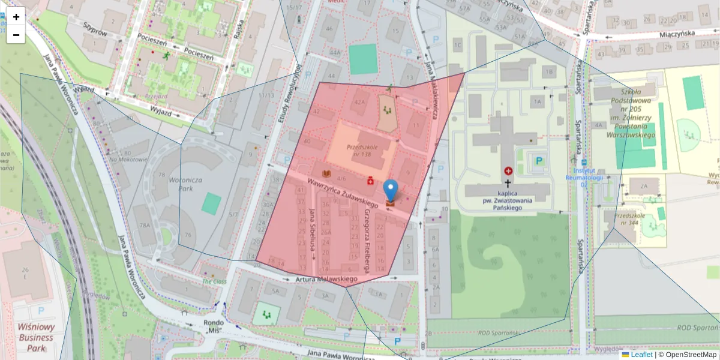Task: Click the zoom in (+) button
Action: click(16, 17)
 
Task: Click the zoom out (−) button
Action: click(16, 35)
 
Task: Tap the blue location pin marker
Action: click(391, 191)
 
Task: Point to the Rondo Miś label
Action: click(214, 326)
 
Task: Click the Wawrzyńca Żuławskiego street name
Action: click(343, 192)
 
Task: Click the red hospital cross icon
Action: click(509, 171)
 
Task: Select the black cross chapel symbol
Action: click(508, 184)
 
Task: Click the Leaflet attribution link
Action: click(641, 355)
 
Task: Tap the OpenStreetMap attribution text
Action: click(691, 355)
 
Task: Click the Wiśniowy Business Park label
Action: click(36, 337)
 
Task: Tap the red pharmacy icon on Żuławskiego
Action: click(371, 180)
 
